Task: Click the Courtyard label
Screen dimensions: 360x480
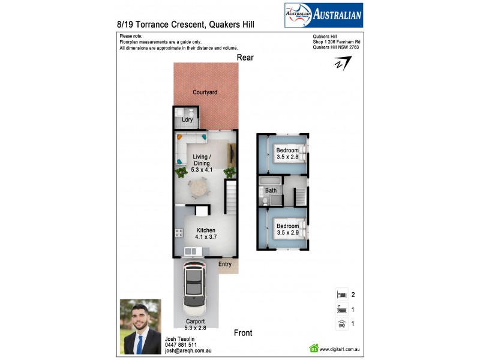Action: click(205, 92)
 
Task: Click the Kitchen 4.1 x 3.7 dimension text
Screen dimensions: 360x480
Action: click(205, 237)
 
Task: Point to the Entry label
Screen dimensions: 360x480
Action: click(224, 264)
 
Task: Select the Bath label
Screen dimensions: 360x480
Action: click(271, 190)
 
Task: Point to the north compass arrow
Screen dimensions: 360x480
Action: click(343, 64)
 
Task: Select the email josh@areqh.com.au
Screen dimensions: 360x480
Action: click(188, 351)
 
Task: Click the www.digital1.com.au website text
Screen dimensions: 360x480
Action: click(340, 349)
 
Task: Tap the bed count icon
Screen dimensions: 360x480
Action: click(341, 294)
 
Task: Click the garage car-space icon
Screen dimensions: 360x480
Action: click(341, 323)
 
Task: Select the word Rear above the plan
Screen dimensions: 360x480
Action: click(245, 58)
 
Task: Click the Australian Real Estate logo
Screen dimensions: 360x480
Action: click(323, 16)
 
